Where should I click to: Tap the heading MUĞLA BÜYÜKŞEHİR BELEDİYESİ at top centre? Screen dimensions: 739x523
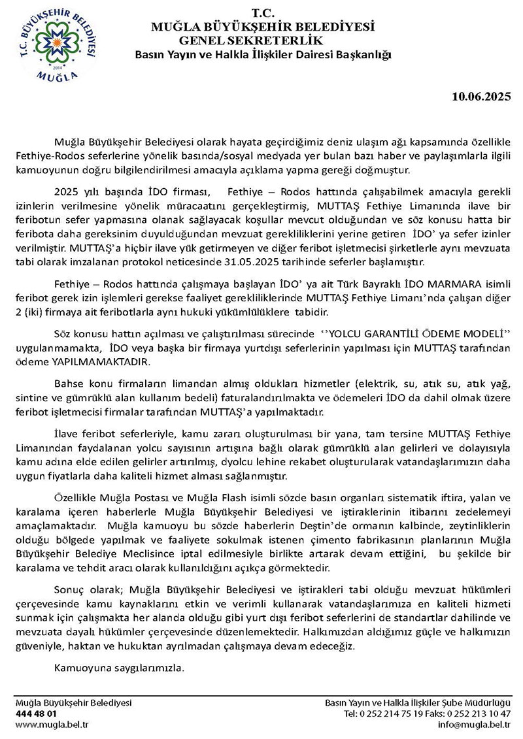click(x=262, y=27)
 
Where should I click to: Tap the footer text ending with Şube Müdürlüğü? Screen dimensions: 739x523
click(x=418, y=702)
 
